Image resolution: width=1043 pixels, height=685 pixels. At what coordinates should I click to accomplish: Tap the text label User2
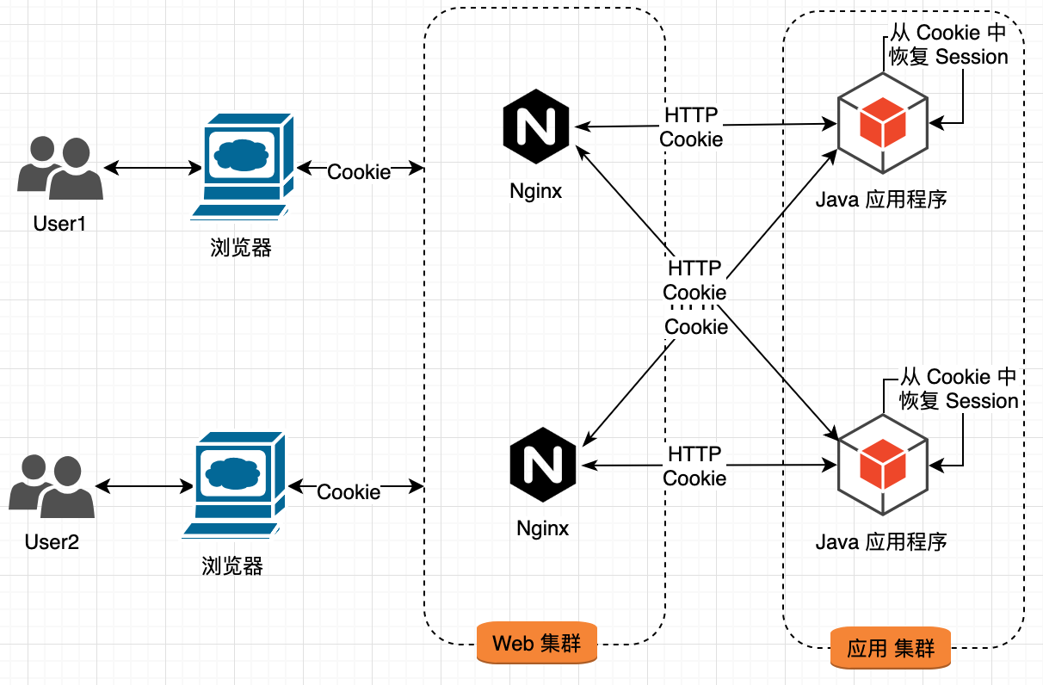[52, 542]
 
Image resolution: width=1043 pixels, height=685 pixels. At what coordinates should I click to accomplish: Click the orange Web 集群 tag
[537, 643]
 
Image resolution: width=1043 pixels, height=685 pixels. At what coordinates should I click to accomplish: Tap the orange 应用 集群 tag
[891, 648]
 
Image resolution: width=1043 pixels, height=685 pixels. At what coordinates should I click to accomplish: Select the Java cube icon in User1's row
[882, 126]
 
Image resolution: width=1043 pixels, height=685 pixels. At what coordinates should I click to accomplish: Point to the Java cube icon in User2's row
[882, 464]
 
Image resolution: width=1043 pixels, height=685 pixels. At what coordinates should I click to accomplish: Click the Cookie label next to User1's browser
[359, 172]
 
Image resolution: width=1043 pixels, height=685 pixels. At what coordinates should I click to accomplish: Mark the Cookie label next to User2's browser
[349, 491]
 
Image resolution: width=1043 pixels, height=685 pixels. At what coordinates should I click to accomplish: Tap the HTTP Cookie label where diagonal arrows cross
[694, 281]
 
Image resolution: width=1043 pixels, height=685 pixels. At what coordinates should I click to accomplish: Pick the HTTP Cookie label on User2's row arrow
[694, 466]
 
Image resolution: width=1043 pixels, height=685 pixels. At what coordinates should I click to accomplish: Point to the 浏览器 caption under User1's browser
[241, 248]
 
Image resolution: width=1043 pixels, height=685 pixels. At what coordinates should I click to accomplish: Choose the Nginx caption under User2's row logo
[542, 528]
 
